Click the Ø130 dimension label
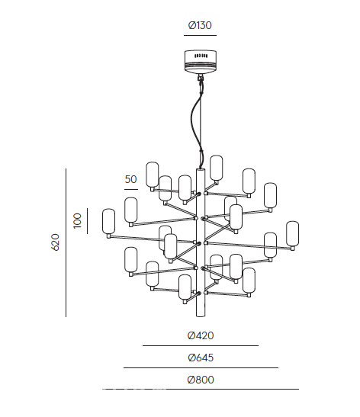200,25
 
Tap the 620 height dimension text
55,242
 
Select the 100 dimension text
77,220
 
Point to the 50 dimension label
130,179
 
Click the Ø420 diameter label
201,335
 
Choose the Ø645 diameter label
201,358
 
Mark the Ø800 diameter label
201,380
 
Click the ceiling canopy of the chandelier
201,62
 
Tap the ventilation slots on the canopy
201,56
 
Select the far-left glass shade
109,222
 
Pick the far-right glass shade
292,234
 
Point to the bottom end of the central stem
201,316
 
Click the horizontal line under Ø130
200,35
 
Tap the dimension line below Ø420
201,346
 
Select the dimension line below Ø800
201,389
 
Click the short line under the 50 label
131,189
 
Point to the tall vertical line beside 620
66,242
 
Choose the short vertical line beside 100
87,221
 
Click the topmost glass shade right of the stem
216,168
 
